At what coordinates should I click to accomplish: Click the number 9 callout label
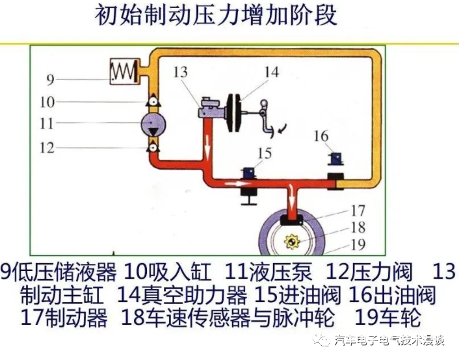50,81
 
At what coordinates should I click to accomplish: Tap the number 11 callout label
47,123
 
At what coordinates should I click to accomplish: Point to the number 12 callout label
47,148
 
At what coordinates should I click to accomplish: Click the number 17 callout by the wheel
358,211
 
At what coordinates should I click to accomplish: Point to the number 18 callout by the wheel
358,227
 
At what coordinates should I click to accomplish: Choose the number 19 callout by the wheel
358,244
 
